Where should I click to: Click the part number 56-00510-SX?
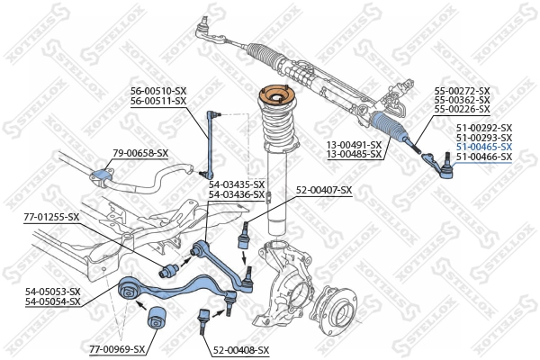click(x=157, y=91)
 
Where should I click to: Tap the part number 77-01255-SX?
click(x=51, y=217)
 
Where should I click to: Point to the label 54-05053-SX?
click(x=52, y=291)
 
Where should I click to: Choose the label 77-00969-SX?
click(x=117, y=347)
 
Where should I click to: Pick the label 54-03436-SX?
click(x=237, y=194)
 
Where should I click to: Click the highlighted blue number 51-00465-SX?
click(x=483, y=147)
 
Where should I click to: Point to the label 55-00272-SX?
click(x=462, y=91)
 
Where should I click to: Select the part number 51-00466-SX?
click(x=483, y=157)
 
